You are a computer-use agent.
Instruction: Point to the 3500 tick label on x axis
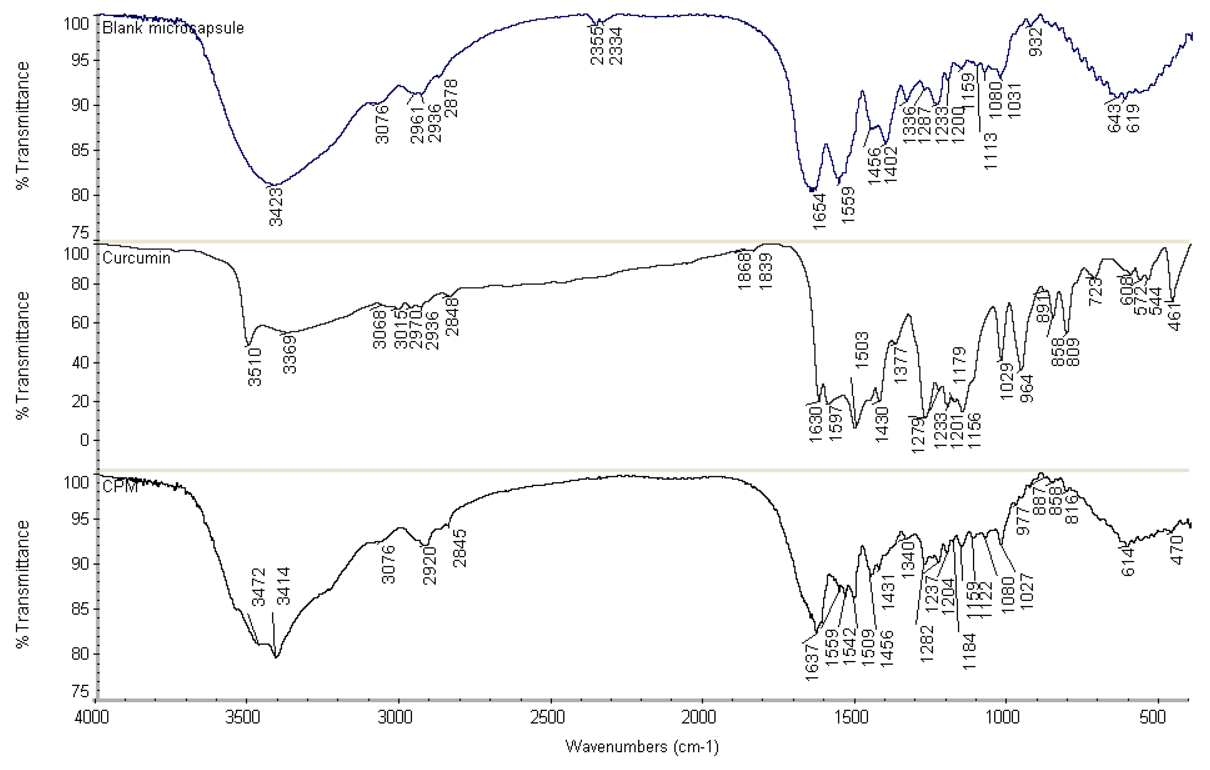243,717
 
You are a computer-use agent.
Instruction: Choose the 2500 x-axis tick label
547,717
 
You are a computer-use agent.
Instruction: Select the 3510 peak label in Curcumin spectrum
255,367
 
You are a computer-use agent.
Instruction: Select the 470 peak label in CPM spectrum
1178,550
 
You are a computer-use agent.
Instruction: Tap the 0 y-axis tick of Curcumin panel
84,440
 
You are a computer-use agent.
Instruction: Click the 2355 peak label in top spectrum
597,46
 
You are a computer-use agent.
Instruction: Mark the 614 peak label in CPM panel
1128,561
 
